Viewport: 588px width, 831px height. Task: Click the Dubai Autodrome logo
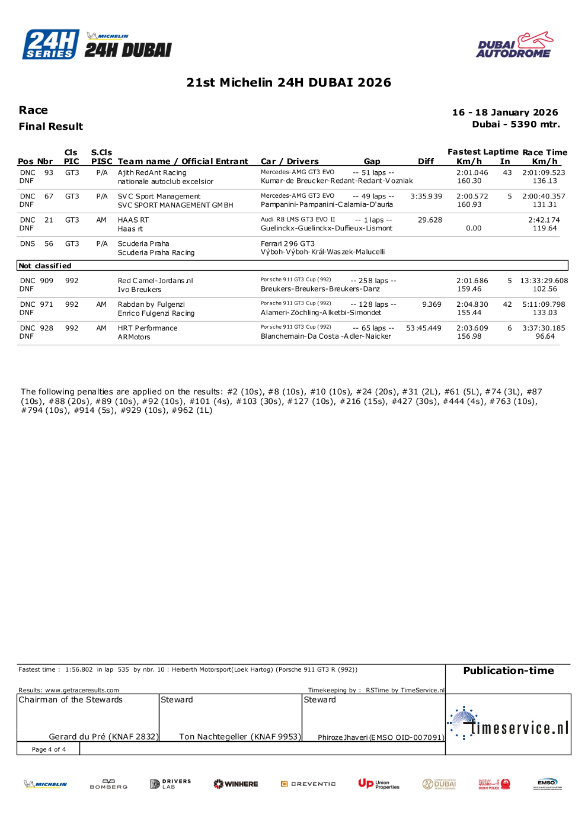[x=514, y=45]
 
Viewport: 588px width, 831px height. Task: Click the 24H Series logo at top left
[x=51, y=44]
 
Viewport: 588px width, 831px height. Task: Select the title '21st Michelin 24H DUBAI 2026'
[x=289, y=82]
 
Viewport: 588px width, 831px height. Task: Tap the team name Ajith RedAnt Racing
[x=152, y=173]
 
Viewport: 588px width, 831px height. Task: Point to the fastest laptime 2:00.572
[x=472, y=196]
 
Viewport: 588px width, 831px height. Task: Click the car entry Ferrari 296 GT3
[x=287, y=243]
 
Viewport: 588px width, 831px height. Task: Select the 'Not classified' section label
[x=45, y=266]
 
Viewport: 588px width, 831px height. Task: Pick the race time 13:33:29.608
[x=544, y=281]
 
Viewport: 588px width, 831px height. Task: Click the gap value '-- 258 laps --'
[x=373, y=281]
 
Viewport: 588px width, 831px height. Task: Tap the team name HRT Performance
[x=148, y=328]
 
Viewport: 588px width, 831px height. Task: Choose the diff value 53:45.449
[x=423, y=328]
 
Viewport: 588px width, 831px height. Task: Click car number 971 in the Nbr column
[x=46, y=304]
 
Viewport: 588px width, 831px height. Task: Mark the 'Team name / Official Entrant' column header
[x=183, y=161]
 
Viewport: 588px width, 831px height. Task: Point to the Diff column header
[x=426, y=161]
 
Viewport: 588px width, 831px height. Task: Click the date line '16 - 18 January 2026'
[x=504, y=113]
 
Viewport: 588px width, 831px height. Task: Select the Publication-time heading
[x=508, y=670]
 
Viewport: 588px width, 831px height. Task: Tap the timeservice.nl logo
[x=509, y=724]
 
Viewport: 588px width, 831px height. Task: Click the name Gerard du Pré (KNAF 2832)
[x=103, y=737]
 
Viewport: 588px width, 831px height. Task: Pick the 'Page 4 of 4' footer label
[x=49, y=749]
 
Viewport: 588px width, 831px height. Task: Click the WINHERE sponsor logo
[x=236, y=784]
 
